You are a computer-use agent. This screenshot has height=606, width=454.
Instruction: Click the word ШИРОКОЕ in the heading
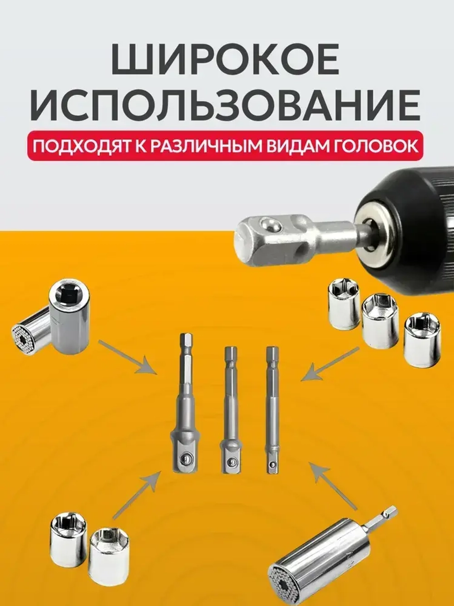point(225,59)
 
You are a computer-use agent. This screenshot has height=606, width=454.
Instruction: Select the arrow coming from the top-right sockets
point(330,364)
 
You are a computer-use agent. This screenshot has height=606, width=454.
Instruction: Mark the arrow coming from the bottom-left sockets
point(136,496)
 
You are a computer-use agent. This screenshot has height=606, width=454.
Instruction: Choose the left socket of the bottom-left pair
point(68,539)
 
